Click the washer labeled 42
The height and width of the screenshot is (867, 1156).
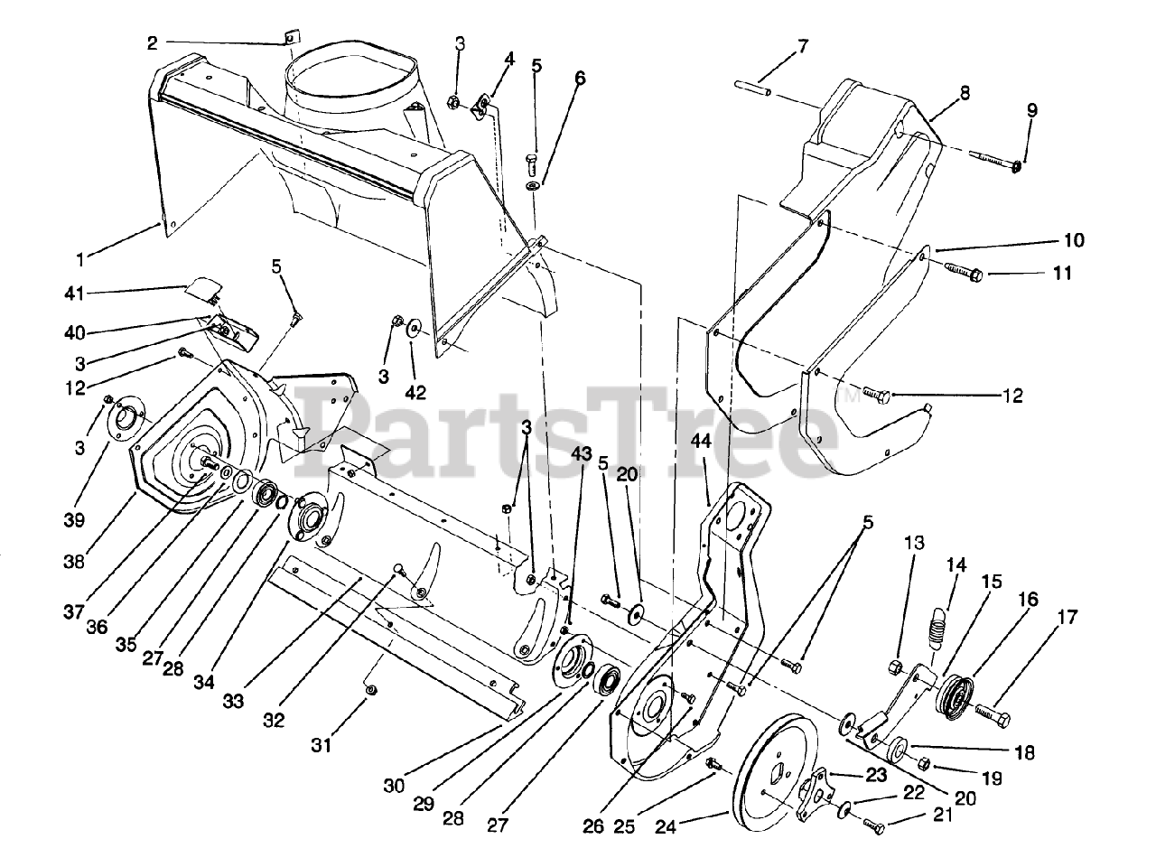pos(414,327)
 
